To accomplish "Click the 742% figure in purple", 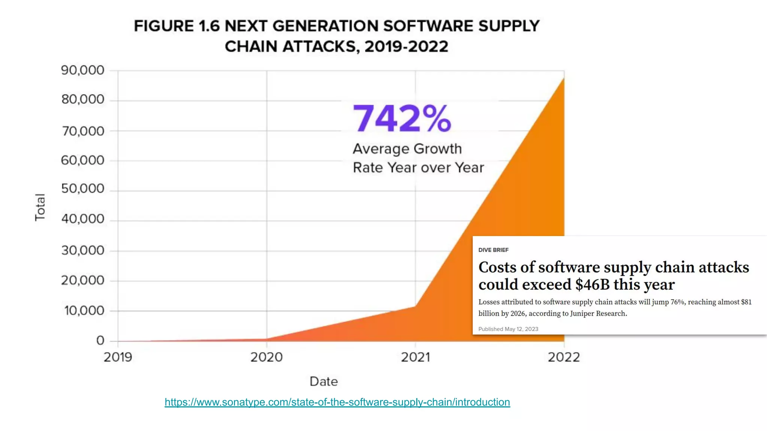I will [402, 119].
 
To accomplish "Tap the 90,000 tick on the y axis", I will [83, 70].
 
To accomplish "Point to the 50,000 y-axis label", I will [83, 189].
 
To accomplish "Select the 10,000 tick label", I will [84, 311].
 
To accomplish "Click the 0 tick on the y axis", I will [100, 340].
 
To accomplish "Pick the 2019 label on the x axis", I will [118, 357].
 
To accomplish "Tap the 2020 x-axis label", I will [267, 357].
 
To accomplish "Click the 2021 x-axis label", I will [415, 357].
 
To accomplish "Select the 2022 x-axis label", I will [564, 357].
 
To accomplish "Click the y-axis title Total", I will [40, 207].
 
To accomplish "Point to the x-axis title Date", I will [324, 382].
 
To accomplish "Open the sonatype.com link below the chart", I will [337, 402].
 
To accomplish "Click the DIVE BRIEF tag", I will [493, 250].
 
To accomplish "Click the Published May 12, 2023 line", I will [508, 329].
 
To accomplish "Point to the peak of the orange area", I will [563, 80].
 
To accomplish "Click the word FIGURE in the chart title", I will [164, 26].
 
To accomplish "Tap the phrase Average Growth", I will [407, 149].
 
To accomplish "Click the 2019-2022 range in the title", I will [406, 47].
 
